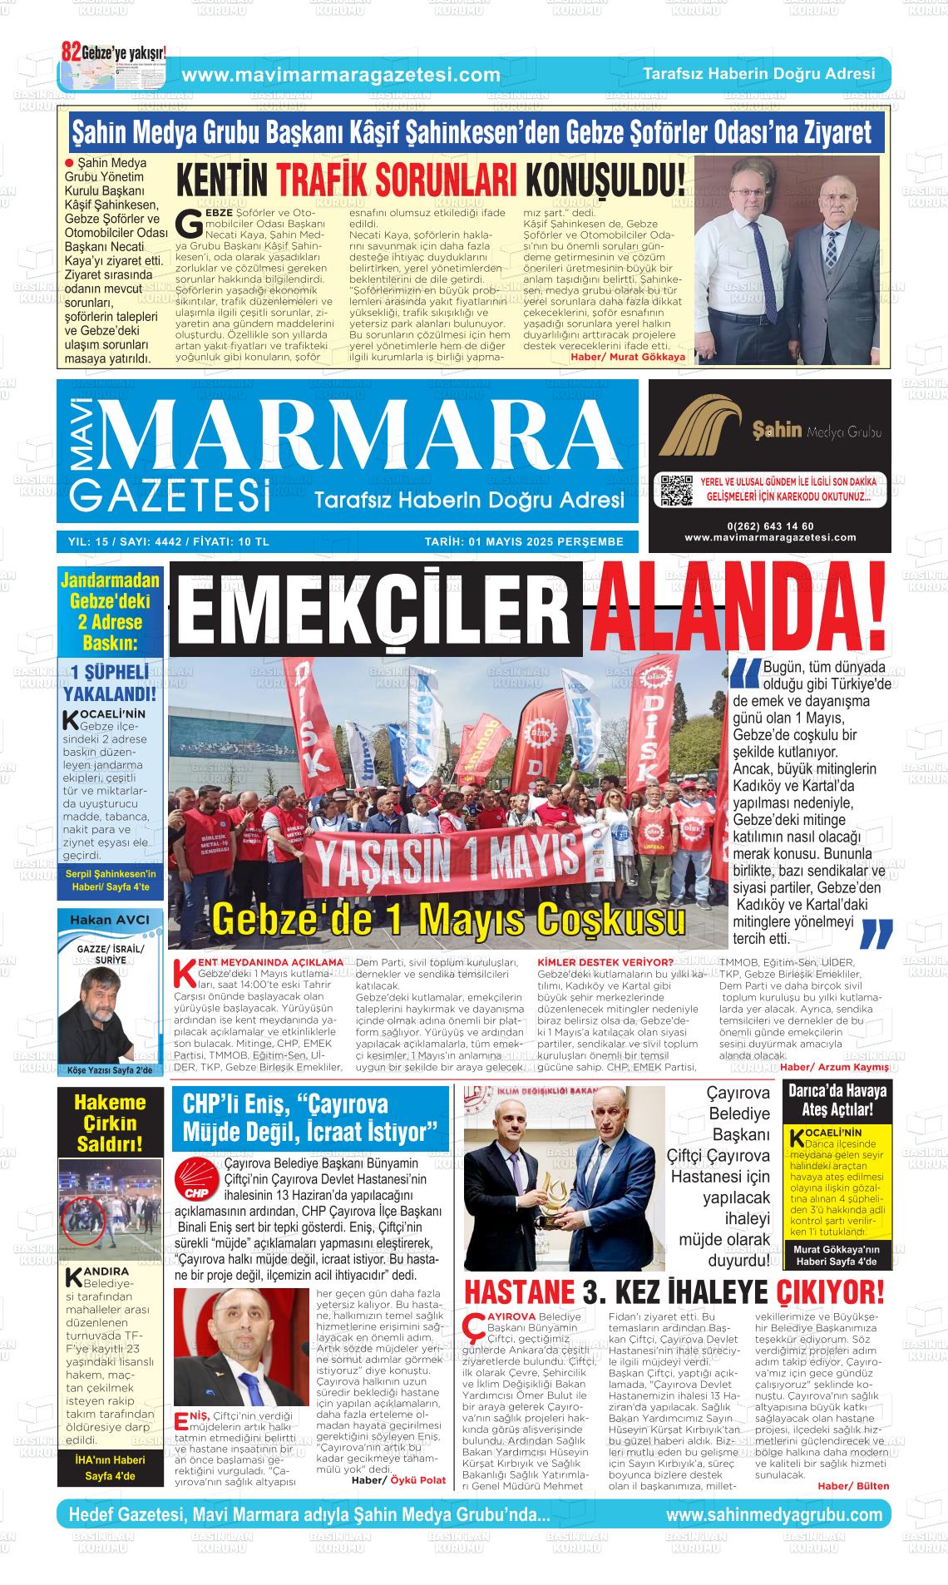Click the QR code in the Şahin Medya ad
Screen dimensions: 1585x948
[675, 490]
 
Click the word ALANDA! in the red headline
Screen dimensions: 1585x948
[737, 610]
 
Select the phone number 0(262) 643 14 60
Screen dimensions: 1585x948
[769, 526]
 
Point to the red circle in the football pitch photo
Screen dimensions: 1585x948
[85, 1222]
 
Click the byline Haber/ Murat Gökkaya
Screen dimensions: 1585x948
[628, 357]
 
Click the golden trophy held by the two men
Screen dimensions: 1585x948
[550, 1198]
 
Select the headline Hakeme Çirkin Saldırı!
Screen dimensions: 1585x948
[110, 1123]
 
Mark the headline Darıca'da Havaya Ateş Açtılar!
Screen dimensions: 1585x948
[837, 1100]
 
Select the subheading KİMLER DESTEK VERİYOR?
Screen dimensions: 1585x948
[605, 962]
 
